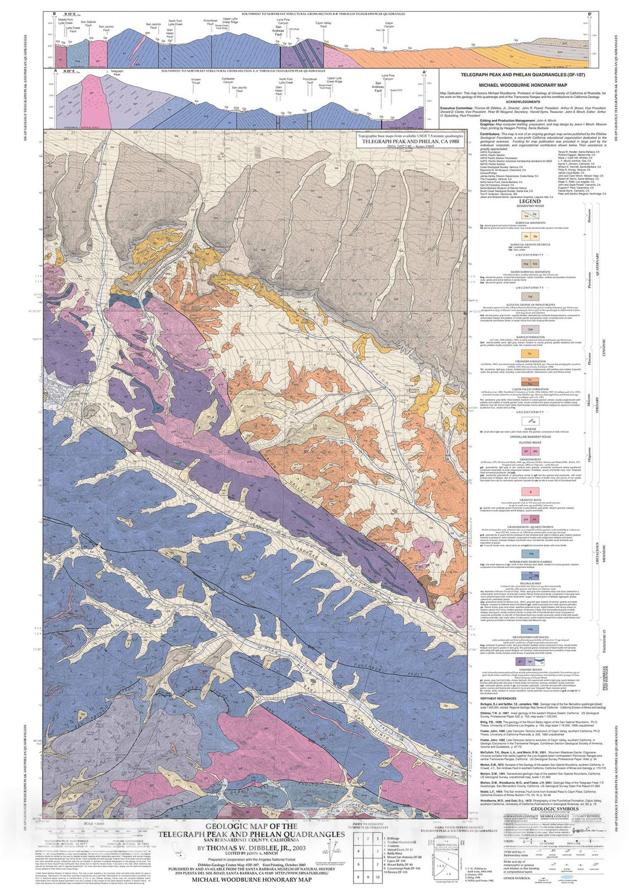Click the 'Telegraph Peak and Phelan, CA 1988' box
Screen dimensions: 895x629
click(x=411, y=141)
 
